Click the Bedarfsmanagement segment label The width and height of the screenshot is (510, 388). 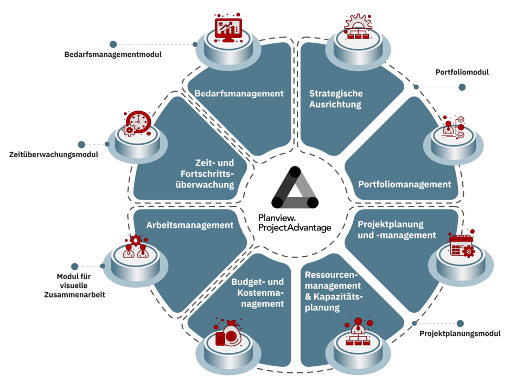[239, 94]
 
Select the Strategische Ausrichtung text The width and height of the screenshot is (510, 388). [335, 99]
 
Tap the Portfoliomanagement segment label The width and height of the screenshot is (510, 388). [404, 184]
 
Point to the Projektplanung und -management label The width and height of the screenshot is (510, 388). [397, 229]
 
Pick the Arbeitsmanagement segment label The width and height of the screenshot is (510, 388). [190, 225]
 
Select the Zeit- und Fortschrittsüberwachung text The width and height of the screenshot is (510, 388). [209, 173]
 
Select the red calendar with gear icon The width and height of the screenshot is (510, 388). [462, 245]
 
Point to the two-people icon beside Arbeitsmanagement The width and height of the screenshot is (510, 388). [135, 249]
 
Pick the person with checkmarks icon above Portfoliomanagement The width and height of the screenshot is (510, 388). [452, 127]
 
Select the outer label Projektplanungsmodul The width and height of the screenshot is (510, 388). [459, 334]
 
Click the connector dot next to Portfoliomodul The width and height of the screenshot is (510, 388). [462, 87]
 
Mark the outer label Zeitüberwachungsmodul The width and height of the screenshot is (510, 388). [53, 156]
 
